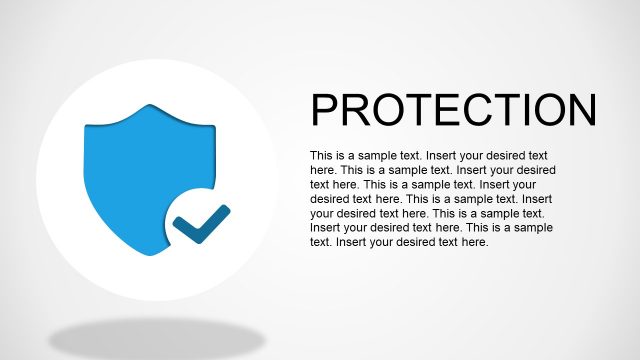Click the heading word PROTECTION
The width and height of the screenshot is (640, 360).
coord(453,110)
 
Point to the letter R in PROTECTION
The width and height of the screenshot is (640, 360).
coord(357,110)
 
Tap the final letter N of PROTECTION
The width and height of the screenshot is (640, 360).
coord(580,110)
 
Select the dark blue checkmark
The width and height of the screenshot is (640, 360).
coord(200,225)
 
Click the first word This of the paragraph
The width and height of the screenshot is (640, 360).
coord(321,156)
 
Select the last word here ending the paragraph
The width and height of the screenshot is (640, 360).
coord(473,242)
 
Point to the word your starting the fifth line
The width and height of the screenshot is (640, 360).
coord(322,213)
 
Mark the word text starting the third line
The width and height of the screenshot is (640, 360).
coord(319,185)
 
